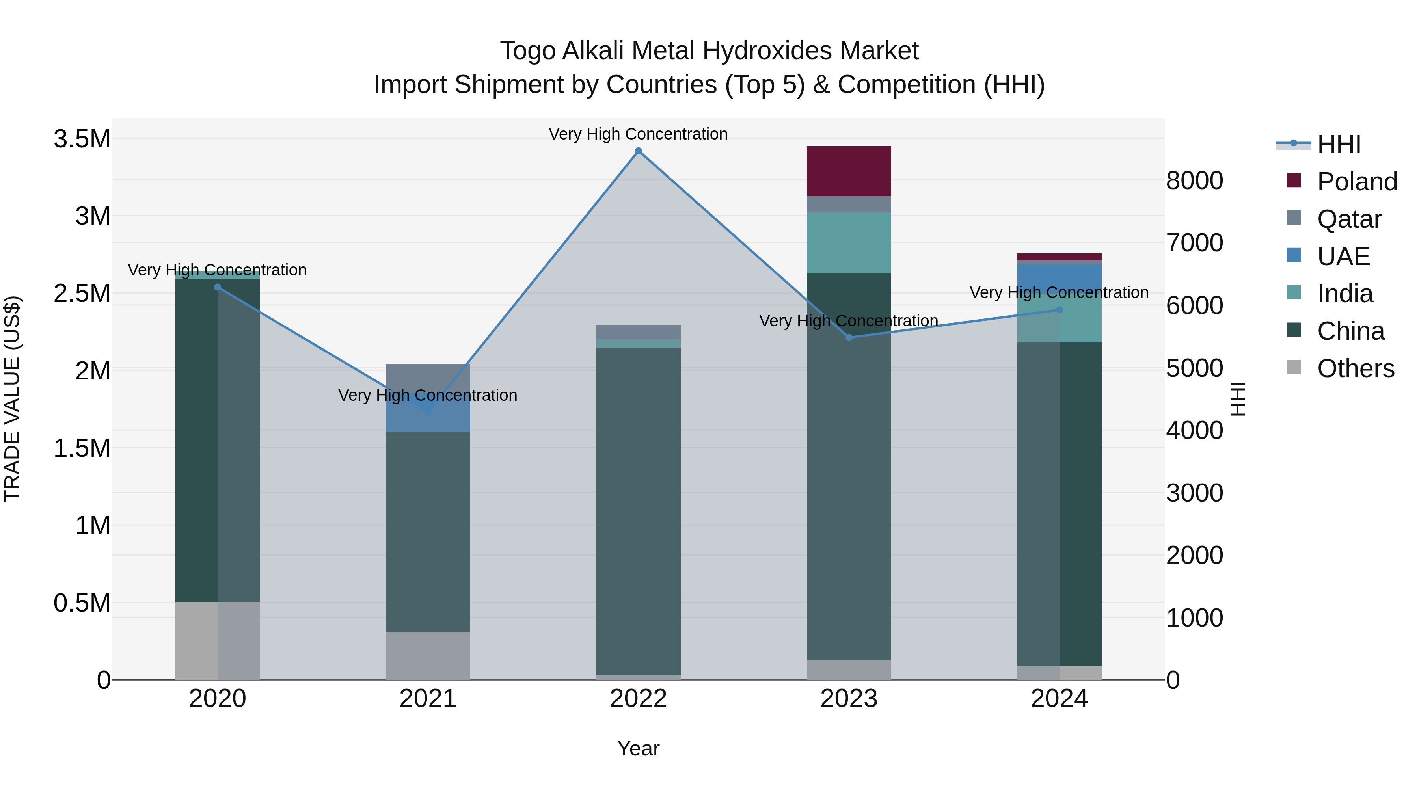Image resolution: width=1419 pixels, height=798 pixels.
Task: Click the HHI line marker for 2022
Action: coord(639,151)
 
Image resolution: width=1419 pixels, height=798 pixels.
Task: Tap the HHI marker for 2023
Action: coord(849,338)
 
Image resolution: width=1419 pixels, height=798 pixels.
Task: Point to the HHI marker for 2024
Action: coord(1059,310)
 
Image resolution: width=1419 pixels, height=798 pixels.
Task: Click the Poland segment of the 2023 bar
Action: coord(849,171)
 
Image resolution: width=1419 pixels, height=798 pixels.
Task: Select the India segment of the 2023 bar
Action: coord(849,243)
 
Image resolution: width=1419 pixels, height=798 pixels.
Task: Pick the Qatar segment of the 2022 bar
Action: coord(639,332)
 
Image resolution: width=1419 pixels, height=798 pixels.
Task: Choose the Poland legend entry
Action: coord(1357,182)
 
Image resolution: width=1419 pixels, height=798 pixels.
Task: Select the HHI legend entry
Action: coord(1339,144)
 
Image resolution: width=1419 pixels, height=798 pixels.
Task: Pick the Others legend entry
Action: coord(1355,368)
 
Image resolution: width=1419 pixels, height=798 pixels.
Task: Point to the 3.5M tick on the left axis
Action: coord(82,139)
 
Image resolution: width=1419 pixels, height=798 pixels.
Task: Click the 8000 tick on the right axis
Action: coord(1194,180)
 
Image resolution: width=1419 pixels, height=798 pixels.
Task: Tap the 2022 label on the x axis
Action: coord(639,699)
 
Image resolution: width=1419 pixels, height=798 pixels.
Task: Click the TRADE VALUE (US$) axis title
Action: coord(13,399)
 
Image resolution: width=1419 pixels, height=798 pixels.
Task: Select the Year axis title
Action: coord(639,748)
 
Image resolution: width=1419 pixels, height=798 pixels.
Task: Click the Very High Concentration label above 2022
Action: coord(639,134)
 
